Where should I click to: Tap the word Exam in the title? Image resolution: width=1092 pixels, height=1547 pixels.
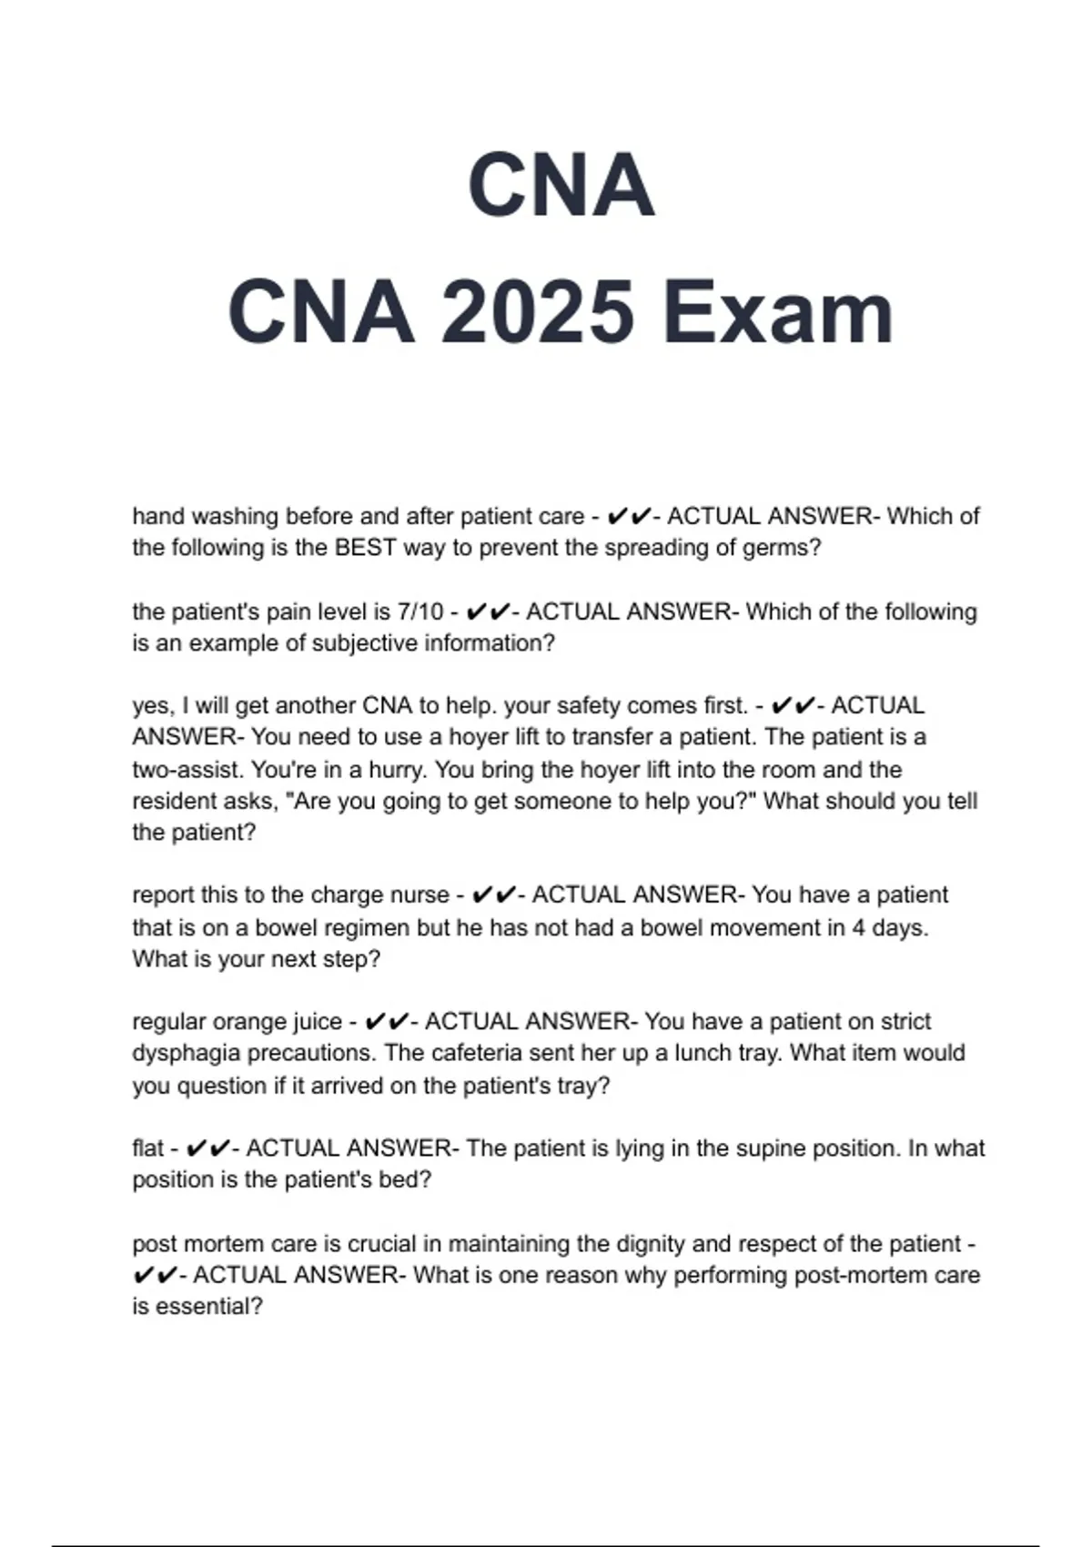(778, 312)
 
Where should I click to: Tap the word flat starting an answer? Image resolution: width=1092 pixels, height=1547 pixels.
(147, 1148)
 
